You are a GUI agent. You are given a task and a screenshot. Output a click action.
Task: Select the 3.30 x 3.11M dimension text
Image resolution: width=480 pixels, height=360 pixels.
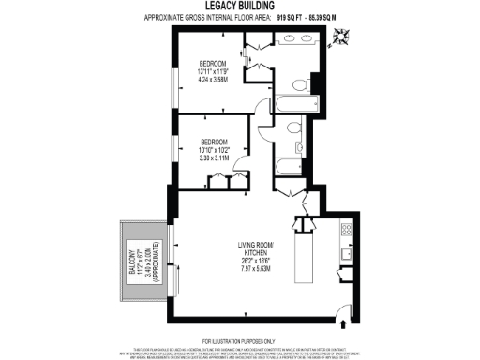214,157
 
